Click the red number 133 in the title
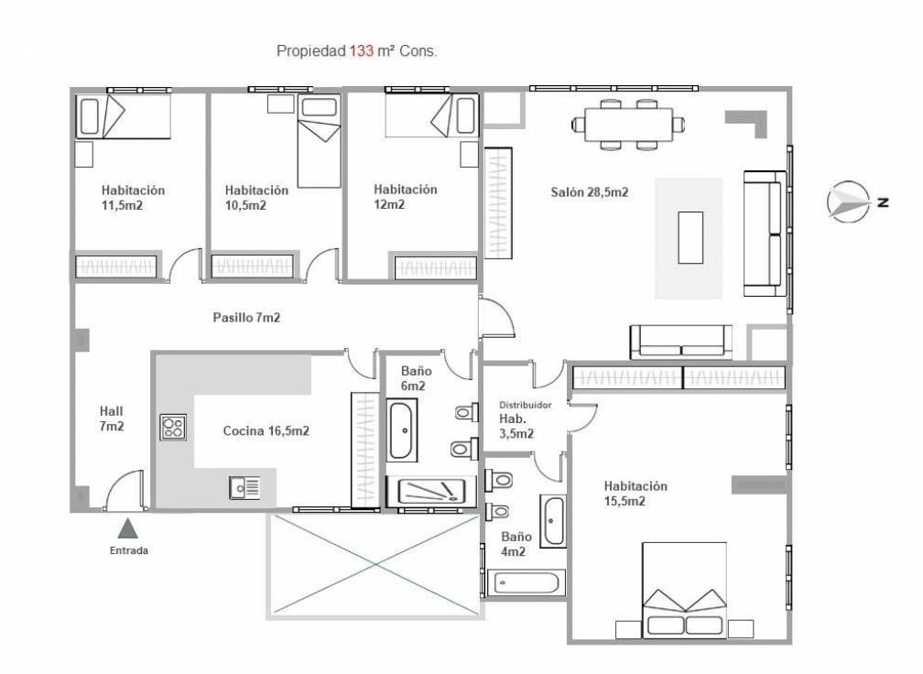[x=362, y=51]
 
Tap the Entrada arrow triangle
[x=128, y=528]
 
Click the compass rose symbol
[x=848, y=201]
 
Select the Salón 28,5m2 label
[x=590, y=192]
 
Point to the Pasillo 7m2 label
[x=246, y=318]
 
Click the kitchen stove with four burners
[x=174, y=428]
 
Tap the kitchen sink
[x=244, y=487]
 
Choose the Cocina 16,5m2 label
[x=266, y=431]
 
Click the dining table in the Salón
[x=629, y=125]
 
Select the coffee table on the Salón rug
[x=690, y=237]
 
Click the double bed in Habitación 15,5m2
[x=683, y=590]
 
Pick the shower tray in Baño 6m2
[x=431, y=492]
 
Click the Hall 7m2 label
[x=112, y=419]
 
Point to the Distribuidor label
[x=525, y=405]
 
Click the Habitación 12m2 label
[x=405, y=197]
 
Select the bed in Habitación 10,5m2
[x=319, y=142]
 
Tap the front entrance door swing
[x=124, y=488]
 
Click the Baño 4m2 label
[x=516, y=544]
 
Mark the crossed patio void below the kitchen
[x=375, y=565]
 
